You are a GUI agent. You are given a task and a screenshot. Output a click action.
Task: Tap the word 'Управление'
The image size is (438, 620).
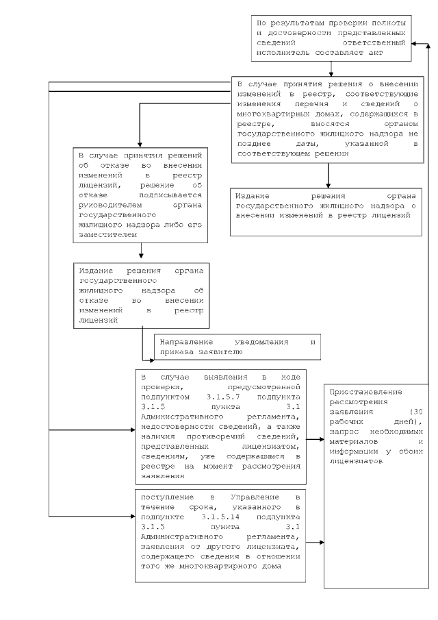coord(244,497)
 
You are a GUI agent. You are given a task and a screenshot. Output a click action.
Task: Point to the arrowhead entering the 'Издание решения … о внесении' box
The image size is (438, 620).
coord(328,183)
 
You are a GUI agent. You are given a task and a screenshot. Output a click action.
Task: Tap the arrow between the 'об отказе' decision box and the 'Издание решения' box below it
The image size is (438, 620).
coord(141,251)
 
